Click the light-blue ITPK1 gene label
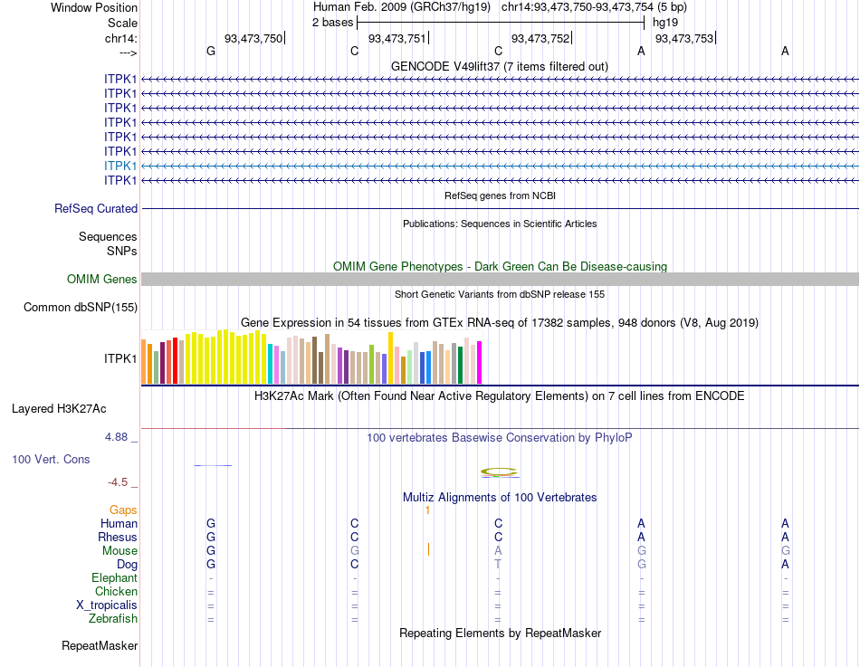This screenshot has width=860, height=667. point(120,166)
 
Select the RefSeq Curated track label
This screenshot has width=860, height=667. point(96,209)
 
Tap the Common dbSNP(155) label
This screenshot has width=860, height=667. point(81,308)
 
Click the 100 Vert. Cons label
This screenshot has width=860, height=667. point(51,460)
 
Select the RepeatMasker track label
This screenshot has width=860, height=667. point(100,646)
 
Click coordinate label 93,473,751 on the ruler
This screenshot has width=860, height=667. point(397,38)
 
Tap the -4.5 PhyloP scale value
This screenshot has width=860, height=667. point(119,482)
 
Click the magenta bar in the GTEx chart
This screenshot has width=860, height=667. point(480,362)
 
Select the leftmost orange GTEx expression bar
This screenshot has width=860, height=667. point(144,361)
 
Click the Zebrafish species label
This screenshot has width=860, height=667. point(113,619)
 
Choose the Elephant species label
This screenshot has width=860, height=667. point(114,578)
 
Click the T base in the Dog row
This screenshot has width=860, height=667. point(498,565)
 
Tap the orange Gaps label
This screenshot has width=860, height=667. point(123,510)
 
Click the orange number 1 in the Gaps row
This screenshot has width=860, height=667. point(426,510)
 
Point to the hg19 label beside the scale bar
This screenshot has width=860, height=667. point(665,22)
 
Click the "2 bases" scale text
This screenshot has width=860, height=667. point(332,22)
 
